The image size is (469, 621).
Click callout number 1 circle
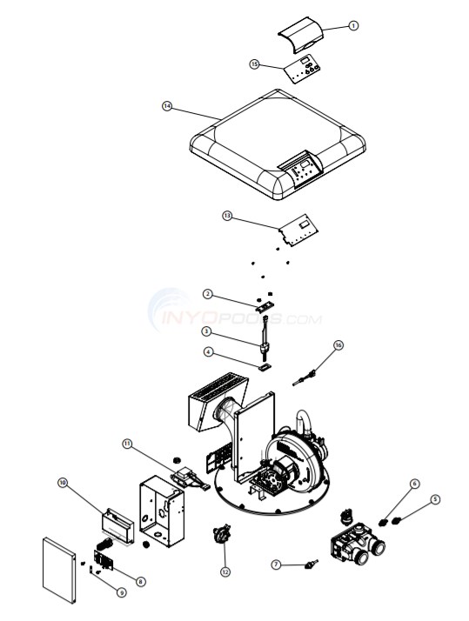click(x=353, y=26)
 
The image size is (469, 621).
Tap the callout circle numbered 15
click(x=255, y=63)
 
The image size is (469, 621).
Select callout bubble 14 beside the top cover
click(x=167, y=106)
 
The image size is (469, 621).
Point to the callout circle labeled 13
click(x=227, y=216)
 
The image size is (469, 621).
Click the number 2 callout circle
click(x=208, y=293)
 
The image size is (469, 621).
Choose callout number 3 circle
click(x=207, y=331)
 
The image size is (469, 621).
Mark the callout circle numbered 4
click(x=208, y=352)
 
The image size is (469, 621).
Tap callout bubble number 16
click(x=338, y=345)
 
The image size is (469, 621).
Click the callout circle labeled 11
click(x=128, y=444)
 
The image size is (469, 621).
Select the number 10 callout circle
click(x=63, y=481)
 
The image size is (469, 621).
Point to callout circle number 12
click(x=225, y=571)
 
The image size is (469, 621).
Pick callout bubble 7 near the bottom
click(x=276, y=564)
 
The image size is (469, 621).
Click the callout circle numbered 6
click(x=414, y=484)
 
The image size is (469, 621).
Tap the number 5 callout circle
click(x=435, y=499)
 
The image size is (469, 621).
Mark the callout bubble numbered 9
click(x=121, y=592)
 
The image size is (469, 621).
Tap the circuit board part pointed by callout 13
click(x=299, y=228)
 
